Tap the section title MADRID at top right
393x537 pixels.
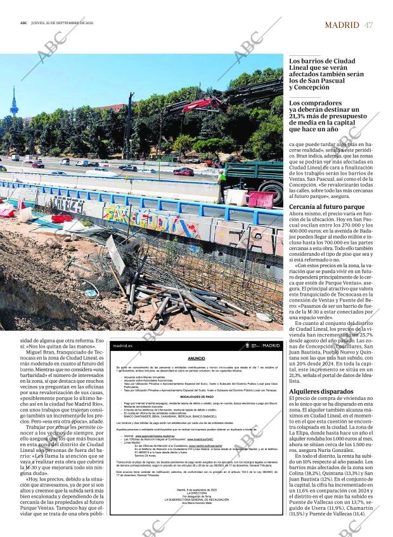[x=342, y=25]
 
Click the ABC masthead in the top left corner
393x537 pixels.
[x=23, y=22]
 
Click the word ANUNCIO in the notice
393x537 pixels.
[x=195, y=358]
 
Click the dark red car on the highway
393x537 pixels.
[x=183, y=171]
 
